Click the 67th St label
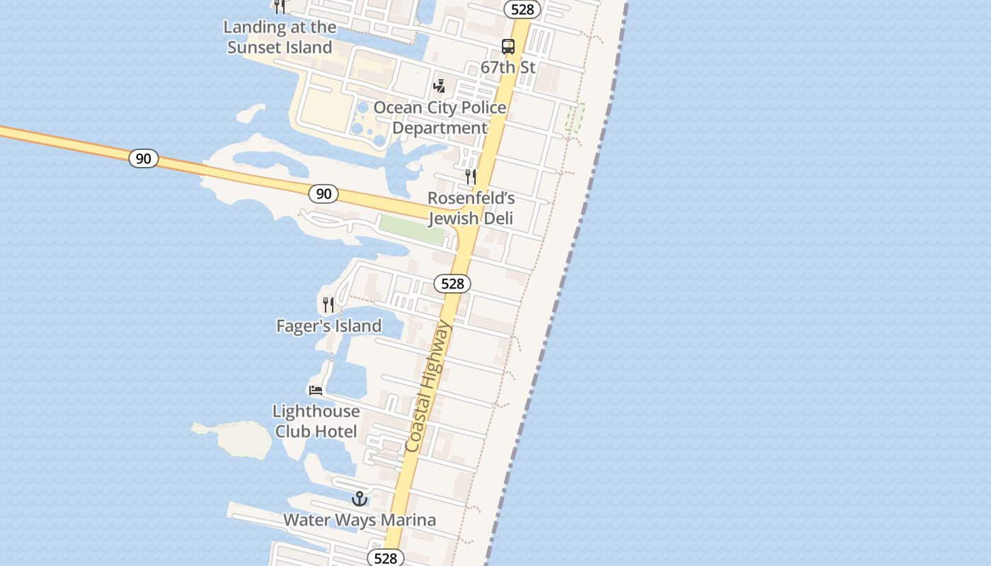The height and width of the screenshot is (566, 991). (x=508, y=68)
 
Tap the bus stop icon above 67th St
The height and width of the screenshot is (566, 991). (x=508, y=47)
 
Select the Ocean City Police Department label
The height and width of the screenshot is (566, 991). (x=440, y=117)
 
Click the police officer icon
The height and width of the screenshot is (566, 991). (x=439, y=86)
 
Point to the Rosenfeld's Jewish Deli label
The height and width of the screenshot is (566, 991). (x=471, y=208)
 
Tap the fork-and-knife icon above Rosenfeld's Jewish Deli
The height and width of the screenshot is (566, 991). (x=471, y=175)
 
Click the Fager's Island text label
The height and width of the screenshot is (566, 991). (x=328, y=326)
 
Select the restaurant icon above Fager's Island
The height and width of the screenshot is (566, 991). (x=328, y=305)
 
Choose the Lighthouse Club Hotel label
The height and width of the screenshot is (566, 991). (x=316, y=421)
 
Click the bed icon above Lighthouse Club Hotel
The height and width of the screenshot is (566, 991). (x=316, y=390)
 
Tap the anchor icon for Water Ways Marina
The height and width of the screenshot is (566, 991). (x=360, y=499)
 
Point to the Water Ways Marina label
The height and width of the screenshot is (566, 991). (x=360, y=521)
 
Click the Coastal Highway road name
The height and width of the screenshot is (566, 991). (x=428, y=387)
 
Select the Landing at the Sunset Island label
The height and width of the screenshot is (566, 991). (x=280, y=37)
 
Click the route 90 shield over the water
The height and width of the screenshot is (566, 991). (x=144, y=158)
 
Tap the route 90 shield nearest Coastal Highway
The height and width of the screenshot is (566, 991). (x=323, y=194)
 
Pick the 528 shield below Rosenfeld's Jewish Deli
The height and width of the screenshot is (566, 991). (x=452, y=284)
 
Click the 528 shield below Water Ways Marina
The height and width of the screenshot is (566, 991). (x=386, y=558)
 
